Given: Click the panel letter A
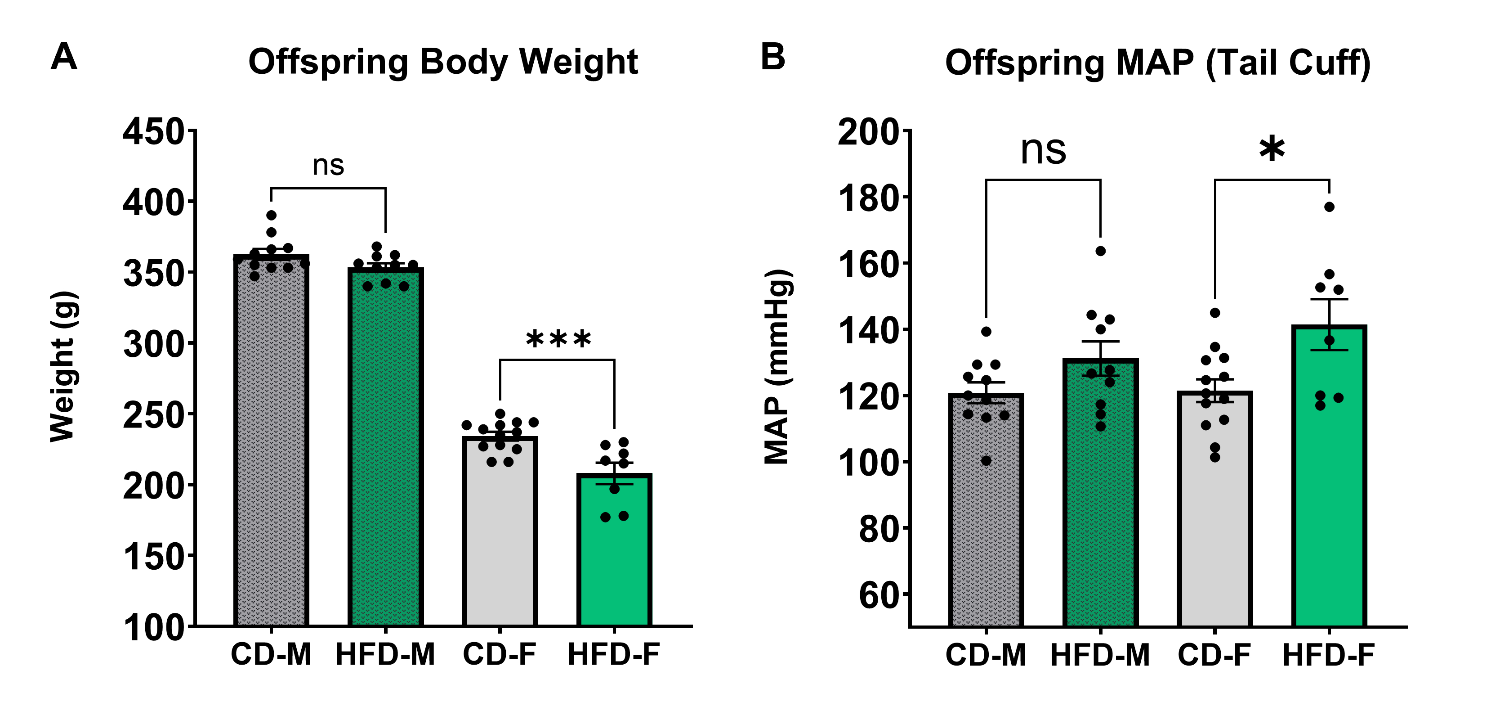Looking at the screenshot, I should (64, 57).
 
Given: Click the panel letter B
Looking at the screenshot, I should (773, 57).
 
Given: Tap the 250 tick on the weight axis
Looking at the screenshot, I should (154, 415).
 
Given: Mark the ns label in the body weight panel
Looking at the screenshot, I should (328, 166).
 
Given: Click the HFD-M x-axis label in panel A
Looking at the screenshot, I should (385, 655).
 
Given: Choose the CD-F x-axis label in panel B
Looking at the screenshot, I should (1214, 655).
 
